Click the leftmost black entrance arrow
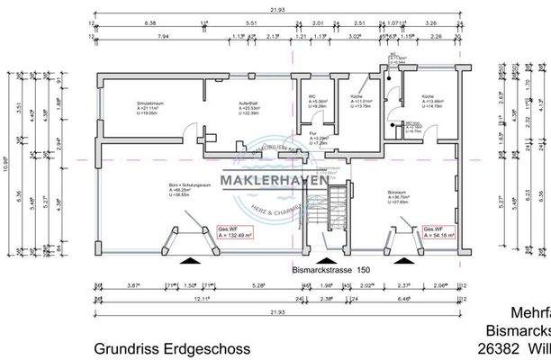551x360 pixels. tap(190, 259)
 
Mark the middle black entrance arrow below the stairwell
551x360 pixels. tap(322, 259)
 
